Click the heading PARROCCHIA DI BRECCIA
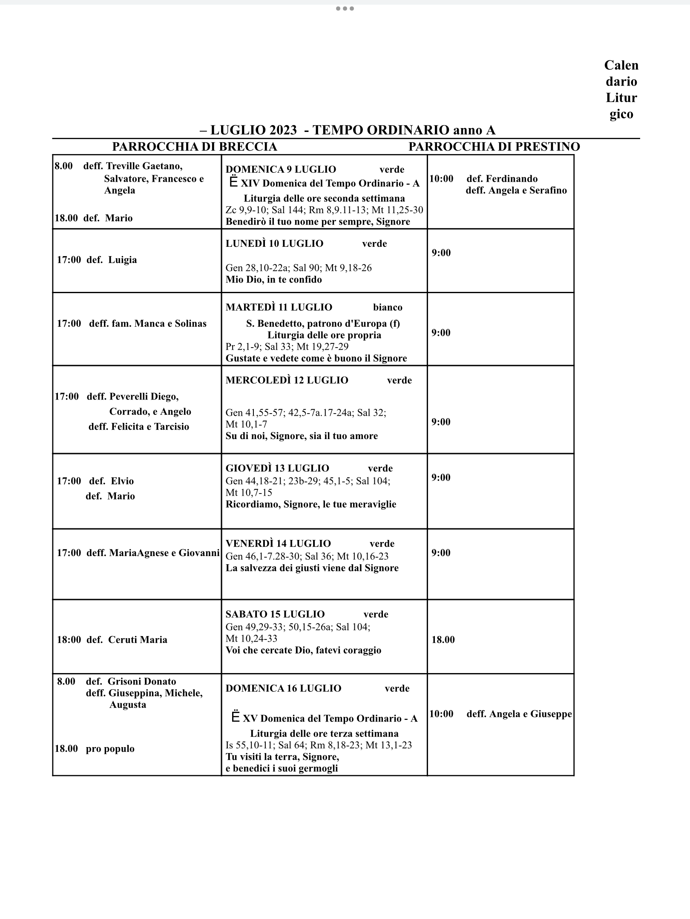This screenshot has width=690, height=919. [x=194, y=147]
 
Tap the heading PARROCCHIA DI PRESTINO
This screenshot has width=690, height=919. [x=494, y=147]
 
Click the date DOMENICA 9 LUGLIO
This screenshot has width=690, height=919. [x=281, y=169]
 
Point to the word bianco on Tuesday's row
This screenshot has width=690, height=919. [x=388, y=307]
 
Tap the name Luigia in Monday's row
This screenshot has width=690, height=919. [x=123, y=260]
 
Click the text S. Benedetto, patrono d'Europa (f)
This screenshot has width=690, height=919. [x=323, y=323]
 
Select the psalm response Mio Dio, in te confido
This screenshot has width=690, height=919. [x=273, y=280]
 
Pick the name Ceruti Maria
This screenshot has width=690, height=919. [x=138, y=639]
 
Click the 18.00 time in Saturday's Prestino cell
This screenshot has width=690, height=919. [x=443, y=639]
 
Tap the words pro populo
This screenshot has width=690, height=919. [x=110, y=748]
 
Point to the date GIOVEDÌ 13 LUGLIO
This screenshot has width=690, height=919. [x=277, y=468]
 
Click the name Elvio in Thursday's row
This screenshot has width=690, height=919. [x=122, y=481]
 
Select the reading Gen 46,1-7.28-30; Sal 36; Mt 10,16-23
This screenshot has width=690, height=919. [x=307, y=556]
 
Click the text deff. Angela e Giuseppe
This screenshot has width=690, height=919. [x=519, y=714]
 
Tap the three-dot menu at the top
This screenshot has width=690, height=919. [x=345, y=9]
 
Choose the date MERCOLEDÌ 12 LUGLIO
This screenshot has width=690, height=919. [x=287, y=380]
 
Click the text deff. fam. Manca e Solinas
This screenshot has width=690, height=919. [x=147, y=323]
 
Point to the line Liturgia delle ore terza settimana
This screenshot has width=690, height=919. [x=324, y=733]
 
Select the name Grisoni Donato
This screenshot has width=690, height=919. [x=142, y=681]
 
